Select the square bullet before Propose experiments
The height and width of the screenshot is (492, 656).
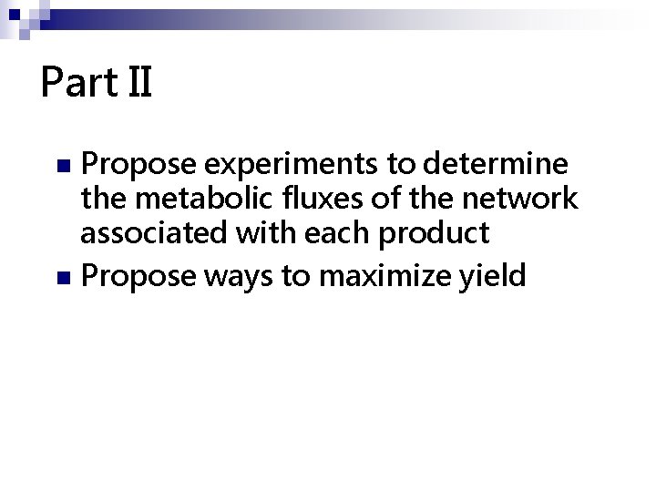62,167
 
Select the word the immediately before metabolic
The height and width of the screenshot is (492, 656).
104,200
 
